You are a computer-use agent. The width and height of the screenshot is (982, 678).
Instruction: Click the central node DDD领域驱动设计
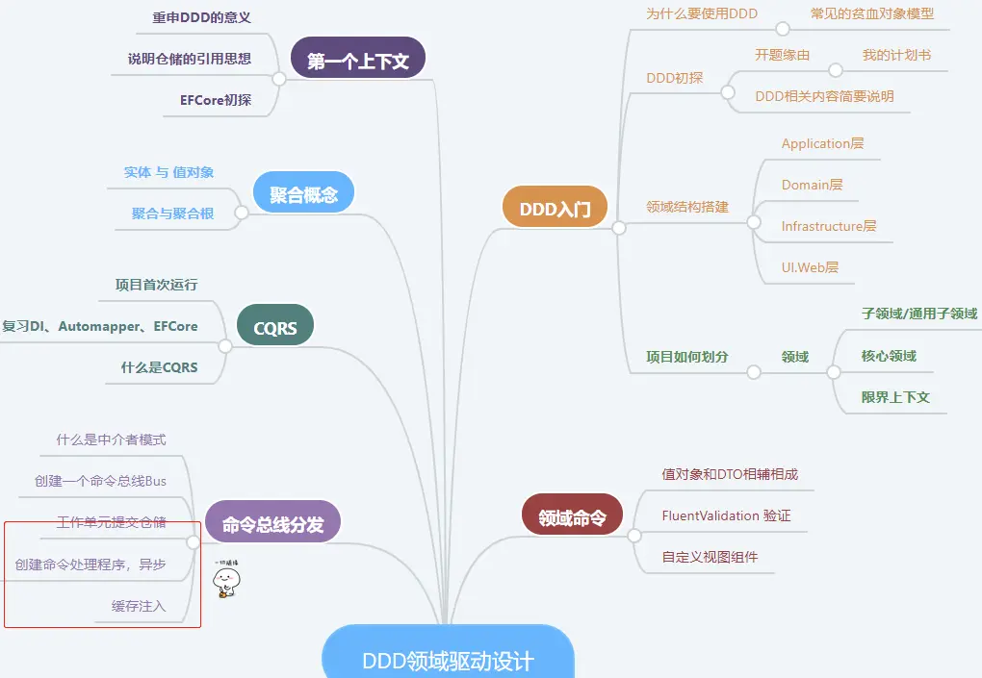448,661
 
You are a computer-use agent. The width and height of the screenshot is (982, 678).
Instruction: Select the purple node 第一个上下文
358,62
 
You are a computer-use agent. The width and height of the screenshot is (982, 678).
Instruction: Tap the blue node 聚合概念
303,195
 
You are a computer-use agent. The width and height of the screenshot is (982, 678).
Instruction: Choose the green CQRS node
275,328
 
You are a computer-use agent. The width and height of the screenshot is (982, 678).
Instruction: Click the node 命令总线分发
273,524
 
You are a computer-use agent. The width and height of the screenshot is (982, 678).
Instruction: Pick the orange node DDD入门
556,208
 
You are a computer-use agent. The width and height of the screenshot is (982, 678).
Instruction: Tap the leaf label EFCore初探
216,99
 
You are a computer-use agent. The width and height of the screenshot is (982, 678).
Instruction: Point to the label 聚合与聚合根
173,213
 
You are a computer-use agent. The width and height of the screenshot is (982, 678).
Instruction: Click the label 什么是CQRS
159,366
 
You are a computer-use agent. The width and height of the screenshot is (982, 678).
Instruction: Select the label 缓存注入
139,606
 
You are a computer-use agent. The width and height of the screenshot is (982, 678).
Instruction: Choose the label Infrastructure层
829,226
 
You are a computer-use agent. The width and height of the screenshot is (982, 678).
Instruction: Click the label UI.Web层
810,266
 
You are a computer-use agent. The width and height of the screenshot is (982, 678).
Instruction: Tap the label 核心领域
889,356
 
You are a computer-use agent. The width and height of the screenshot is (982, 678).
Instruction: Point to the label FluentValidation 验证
726,515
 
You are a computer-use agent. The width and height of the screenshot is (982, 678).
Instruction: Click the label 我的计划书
896,55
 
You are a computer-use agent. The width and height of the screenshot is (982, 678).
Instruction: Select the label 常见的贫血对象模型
872,13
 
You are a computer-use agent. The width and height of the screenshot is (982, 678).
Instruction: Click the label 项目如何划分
687,357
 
